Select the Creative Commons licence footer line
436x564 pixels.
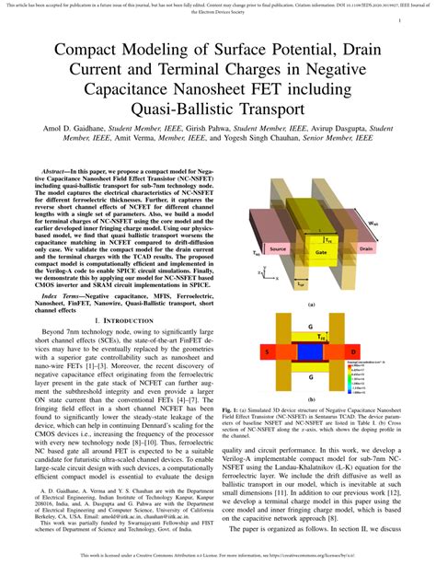point(218,557)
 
